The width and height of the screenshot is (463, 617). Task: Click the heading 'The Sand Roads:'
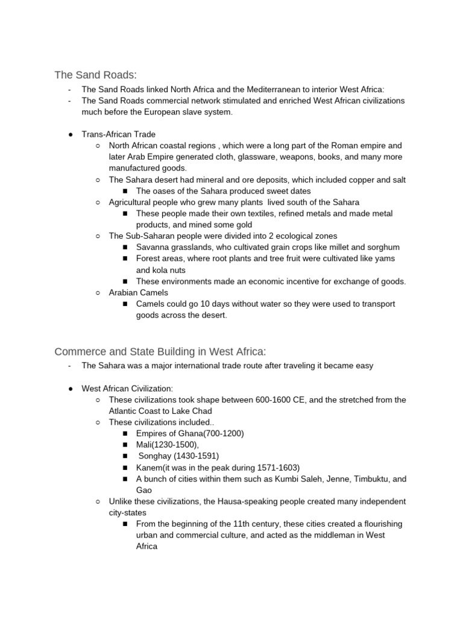tap(96, 75)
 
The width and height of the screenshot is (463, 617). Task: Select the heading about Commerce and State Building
tap(160, 351)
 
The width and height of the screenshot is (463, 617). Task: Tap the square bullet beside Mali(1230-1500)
tap(125, 445)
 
